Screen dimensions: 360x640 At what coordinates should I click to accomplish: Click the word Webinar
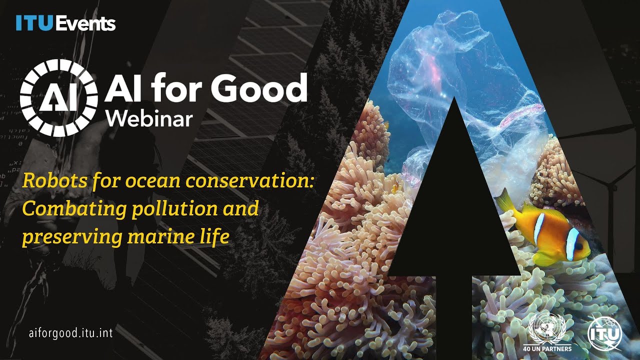[149, 118]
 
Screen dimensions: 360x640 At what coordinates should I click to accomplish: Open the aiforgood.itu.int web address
[70, 333]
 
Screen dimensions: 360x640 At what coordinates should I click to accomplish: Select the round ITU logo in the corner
[604, 333]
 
